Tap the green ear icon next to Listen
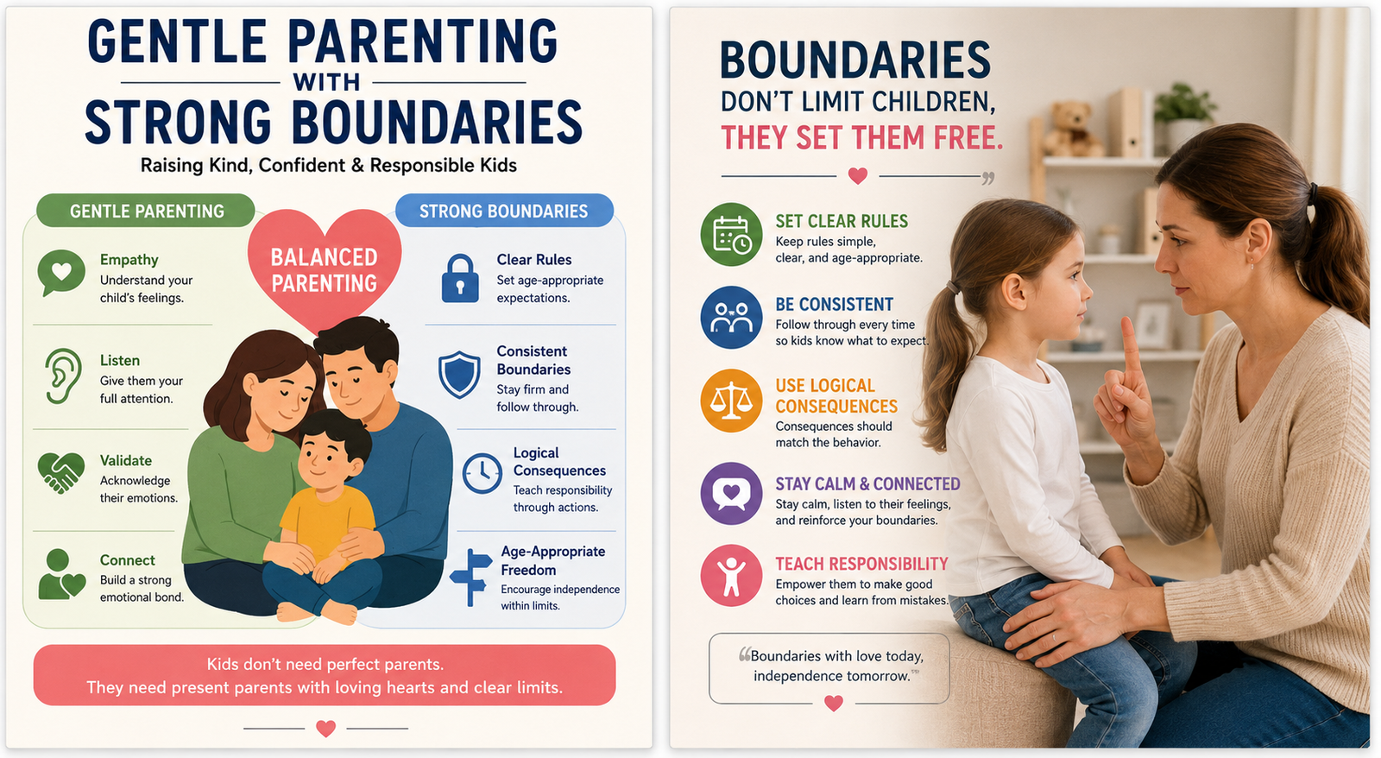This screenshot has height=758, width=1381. pyautogui.click(x=62, y=376)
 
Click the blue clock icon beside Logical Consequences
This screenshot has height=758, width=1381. pyautogui.click(x=482, y=473)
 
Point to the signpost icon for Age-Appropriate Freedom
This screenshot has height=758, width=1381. pyautogui.click(x=471, y=577)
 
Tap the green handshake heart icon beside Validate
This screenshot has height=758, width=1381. pyautogui.click(x=61, y=473)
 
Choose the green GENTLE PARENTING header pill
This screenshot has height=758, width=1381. pyautogui.click(x=146, y=211)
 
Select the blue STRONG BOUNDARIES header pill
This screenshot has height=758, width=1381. pyautogui.click(x=504, y=211)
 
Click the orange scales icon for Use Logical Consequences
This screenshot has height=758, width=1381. pyautogui.click(x=731, y=401)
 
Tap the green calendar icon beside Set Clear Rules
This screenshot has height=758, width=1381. pyautogui.click(x=731, y=234)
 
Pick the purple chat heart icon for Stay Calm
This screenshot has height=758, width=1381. pyautogui.click(x=731, y=494)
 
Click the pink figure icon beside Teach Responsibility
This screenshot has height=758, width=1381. pyautogui.click(x=731, y=576)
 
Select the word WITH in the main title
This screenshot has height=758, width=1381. pyautogui.click(x=326, y=82)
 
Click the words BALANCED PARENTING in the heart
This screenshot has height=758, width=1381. pyautogui.click(x=325, y=270)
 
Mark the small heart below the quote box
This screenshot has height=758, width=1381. pyautogui.click(x=834, y=703)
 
